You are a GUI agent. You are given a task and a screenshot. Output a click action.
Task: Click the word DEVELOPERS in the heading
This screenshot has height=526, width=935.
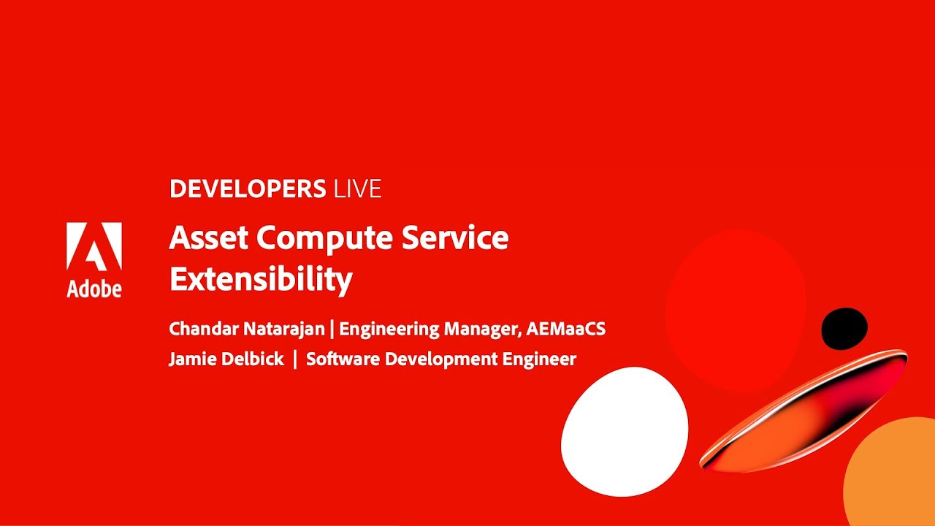[248, 189]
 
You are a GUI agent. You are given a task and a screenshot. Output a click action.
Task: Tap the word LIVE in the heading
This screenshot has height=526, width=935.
[357, 189]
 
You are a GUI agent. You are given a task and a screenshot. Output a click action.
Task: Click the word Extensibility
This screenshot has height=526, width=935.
[261, 279]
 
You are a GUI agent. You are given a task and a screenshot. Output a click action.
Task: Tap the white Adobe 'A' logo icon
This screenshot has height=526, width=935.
[94, 247]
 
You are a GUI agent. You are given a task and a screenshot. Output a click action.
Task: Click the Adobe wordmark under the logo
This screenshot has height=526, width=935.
[94, 289]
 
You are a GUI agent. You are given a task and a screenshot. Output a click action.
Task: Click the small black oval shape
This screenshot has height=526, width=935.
[844, 329]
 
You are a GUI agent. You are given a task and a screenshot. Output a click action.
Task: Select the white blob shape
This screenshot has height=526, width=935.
[625, 431]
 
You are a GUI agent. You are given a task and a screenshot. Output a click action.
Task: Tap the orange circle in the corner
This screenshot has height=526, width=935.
[895, 475]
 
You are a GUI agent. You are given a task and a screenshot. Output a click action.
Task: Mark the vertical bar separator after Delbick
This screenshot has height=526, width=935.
[295, 359]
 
